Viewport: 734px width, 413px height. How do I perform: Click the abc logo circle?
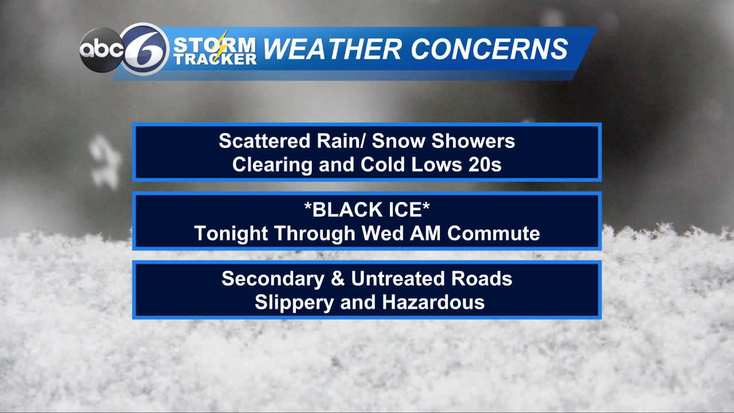coord(101,50)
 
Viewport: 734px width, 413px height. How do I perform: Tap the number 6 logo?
coord(145,49)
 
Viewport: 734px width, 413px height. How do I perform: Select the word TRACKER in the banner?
coord(215,59)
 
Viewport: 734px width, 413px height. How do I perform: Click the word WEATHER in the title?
coord(332,49)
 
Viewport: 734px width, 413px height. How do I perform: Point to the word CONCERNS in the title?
coord(489,49)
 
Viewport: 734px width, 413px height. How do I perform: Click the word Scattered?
coord(264,141)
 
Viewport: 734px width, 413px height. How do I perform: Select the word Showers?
coord(473,141)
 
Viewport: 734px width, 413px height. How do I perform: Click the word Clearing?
coord(272,165)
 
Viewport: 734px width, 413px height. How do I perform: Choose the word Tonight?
coord(231,233)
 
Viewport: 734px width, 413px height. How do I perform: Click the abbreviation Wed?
coord(382,233)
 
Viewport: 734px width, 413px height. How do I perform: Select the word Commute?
coord(494,233)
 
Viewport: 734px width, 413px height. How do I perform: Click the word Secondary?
coord(273,279)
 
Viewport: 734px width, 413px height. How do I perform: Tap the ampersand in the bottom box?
coord(338,279)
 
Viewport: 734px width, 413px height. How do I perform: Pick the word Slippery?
coord(294,302)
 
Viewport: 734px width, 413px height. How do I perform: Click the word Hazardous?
coord(433,302)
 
